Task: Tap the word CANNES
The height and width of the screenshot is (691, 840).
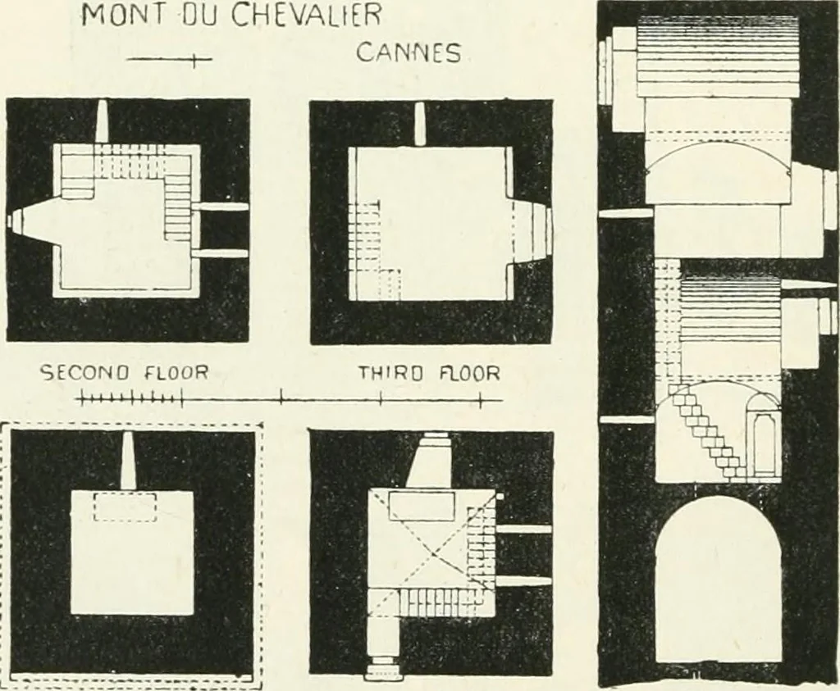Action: click(x=409, y=53)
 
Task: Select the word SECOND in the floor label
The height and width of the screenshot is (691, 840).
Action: click(x=84, y=372)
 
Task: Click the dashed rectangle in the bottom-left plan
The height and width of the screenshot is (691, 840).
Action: click(x=125, y=507)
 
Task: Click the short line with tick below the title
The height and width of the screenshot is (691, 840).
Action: click(x=169, y=59)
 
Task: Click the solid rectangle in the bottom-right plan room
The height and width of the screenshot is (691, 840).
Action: click(x=421, y=507)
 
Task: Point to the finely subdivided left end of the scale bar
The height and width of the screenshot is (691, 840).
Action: click(x=130, y=398)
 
